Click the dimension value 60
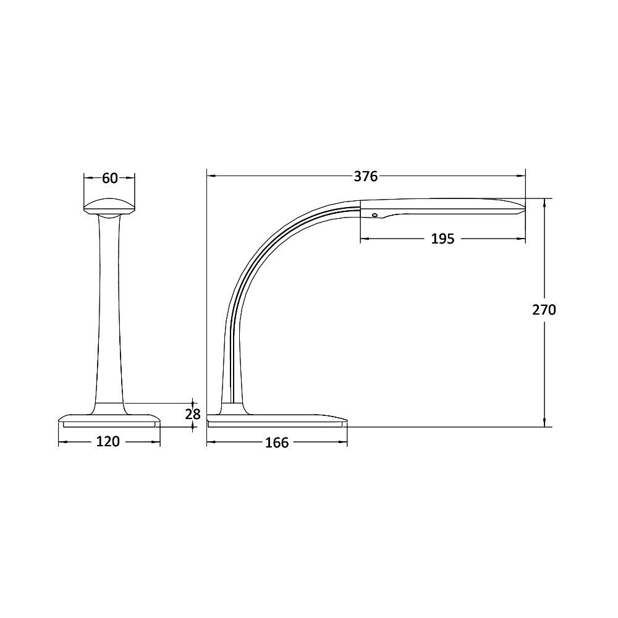point(109,178)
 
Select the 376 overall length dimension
point(365,176)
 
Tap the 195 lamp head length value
point(442,239)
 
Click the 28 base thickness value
point(193,414)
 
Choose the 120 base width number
point(108,442)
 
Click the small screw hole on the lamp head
point(374,215)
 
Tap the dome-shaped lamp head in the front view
point(109,206)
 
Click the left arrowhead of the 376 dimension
point(211,176)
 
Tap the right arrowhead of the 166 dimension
point(344,442)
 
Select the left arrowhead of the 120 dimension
point(62,442)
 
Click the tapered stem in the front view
point(109,309)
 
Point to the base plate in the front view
point(109,418)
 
